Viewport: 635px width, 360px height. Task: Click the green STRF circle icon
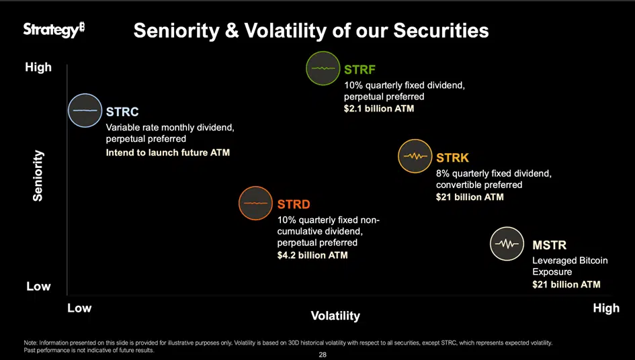323,69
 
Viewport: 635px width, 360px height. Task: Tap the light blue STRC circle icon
85,109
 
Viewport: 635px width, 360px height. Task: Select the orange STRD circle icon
256,203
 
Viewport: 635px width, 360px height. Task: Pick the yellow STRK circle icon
415,156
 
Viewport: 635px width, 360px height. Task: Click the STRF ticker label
359,70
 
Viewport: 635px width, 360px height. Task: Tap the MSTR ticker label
549,245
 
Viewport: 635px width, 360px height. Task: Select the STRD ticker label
294,204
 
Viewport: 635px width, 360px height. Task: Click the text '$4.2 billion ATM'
312,255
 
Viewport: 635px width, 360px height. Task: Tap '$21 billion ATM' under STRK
470,197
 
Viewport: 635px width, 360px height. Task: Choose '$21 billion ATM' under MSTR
566,284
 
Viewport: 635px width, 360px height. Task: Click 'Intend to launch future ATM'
167,152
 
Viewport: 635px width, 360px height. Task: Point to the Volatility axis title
335,316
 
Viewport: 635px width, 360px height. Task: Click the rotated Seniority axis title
38,176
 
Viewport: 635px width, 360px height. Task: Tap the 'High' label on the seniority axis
38,67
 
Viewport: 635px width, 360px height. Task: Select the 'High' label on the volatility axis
606,308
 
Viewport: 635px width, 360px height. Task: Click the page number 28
323,354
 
